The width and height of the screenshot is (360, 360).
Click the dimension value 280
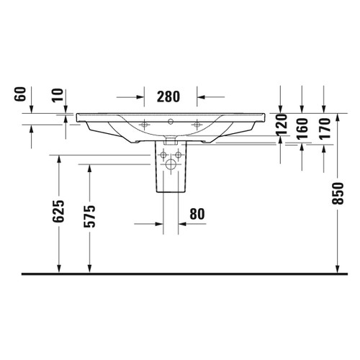click(x=168, y=96)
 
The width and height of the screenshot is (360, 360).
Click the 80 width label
click(x=197, y=213)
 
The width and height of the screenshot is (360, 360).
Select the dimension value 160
click(x=302, y=127)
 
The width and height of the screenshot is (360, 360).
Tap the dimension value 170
click(x=325, y=127)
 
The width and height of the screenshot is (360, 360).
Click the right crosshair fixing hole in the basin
click(x=194, y=123)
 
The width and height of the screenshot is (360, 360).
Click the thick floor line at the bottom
click(x=180, y=274)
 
